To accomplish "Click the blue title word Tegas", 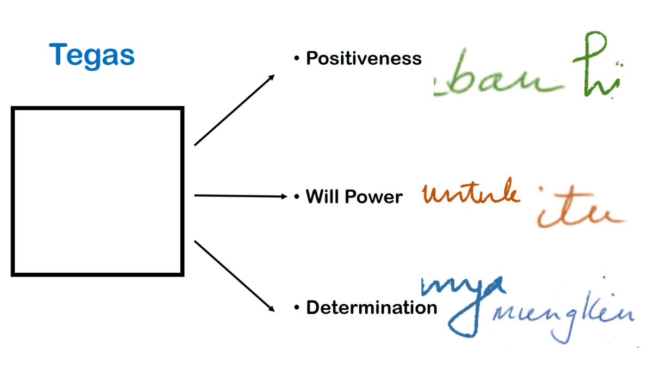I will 91,55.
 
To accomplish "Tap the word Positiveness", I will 364,58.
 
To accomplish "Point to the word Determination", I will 371,308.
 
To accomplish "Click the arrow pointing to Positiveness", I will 234,110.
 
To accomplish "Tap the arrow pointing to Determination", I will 234,275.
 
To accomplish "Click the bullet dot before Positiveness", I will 297,58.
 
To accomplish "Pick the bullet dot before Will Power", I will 297,197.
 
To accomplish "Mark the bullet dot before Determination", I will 297,308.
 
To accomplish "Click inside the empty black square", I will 98,192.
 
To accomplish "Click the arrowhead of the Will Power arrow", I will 283,196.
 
